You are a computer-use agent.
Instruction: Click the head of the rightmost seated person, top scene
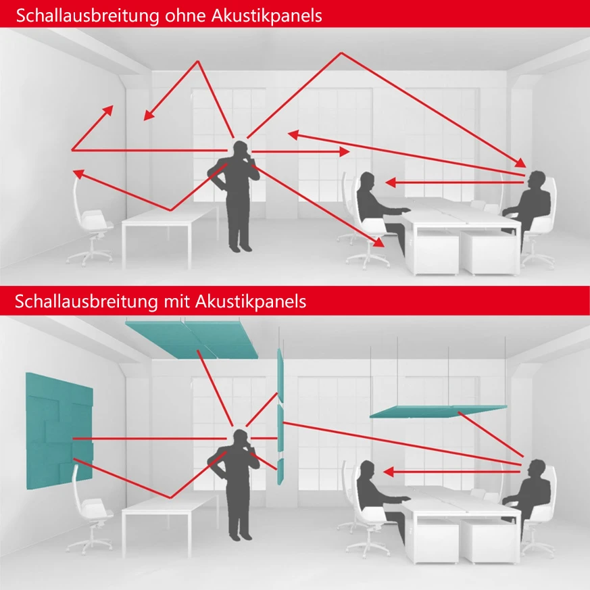click(537, 180)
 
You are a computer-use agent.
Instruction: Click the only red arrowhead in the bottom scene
click(390, 470)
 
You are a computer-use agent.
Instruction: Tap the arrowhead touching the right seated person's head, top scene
click(522, 164)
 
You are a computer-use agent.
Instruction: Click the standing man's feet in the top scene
click(239, 247)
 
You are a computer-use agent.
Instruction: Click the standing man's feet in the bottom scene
click(239, 536)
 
